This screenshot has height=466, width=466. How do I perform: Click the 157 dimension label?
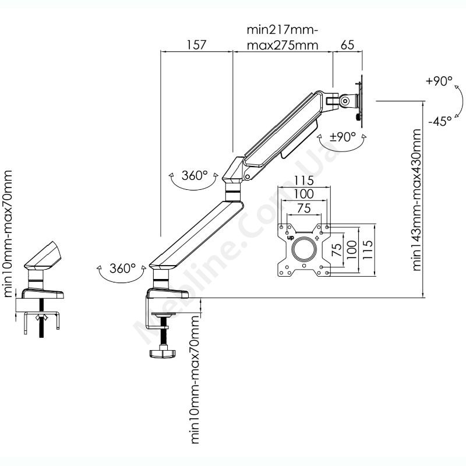coord(196,45)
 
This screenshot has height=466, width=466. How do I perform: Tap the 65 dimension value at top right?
coord(347,45)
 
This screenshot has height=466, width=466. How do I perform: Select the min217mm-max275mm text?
coord(283,37)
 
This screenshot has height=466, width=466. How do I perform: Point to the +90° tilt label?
coord(439,81)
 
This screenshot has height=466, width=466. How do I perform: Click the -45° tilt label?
coord(440,121)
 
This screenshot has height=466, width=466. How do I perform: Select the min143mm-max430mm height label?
coord(416,200)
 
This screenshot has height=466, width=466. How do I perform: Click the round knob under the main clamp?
coord(162,353)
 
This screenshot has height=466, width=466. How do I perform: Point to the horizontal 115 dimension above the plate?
coord(304,180)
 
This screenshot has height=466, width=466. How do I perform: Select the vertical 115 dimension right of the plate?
coord(368,249)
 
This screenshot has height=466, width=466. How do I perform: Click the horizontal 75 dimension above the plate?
coord(304,208)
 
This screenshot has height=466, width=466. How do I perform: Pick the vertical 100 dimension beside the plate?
coord(352,249)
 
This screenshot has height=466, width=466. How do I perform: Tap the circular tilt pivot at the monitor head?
coord(345,100)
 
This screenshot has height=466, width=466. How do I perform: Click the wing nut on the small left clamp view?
coord(41,317)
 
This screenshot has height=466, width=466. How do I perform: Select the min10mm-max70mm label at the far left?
coord(8,234)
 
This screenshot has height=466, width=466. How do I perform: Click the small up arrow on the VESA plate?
coord(317,238)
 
